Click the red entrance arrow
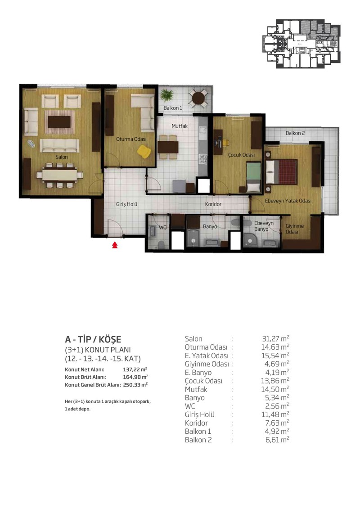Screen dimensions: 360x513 115,245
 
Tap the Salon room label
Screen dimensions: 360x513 62,157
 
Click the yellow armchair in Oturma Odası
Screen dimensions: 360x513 144,152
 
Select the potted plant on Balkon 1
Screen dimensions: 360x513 167,95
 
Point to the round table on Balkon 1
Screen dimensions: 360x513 198,98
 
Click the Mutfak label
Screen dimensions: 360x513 180,126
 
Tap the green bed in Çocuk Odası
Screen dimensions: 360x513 254,177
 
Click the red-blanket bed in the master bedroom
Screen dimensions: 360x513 281,171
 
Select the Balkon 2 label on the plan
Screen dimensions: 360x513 295,133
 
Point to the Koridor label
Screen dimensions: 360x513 213,204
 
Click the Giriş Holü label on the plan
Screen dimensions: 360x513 126,204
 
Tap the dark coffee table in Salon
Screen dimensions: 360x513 59,121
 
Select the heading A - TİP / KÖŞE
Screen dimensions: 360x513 93,339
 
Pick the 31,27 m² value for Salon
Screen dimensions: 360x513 275,338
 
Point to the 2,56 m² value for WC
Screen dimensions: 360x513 277,406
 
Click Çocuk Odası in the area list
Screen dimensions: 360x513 203,381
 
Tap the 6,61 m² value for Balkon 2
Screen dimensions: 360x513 277,440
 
